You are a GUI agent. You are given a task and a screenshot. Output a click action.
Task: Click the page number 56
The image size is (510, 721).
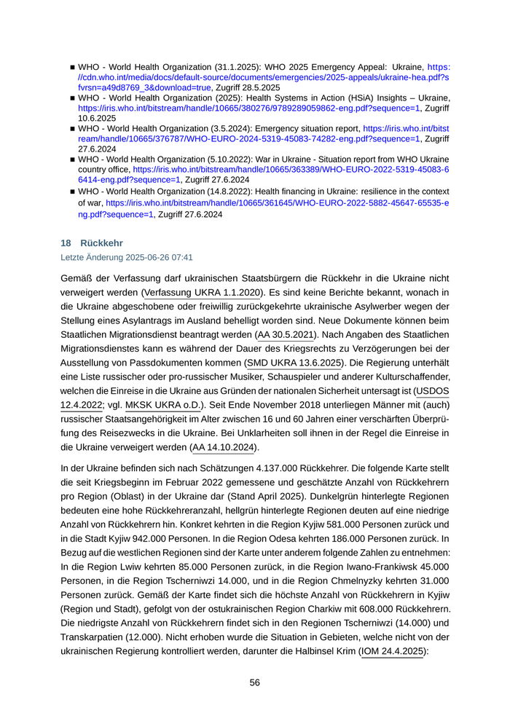coord(255,682)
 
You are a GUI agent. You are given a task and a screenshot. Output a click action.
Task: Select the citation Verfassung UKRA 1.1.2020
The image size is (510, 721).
coord(203,292)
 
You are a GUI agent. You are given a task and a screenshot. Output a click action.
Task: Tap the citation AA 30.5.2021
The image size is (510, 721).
coord(285,334)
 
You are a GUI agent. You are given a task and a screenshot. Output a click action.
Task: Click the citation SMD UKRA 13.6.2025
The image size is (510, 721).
coord(294,363)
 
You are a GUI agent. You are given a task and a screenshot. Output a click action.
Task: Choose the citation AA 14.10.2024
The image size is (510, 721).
coord(224,447)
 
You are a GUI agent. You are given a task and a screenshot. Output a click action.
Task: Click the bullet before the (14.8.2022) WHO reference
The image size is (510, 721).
coord(73,191)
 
